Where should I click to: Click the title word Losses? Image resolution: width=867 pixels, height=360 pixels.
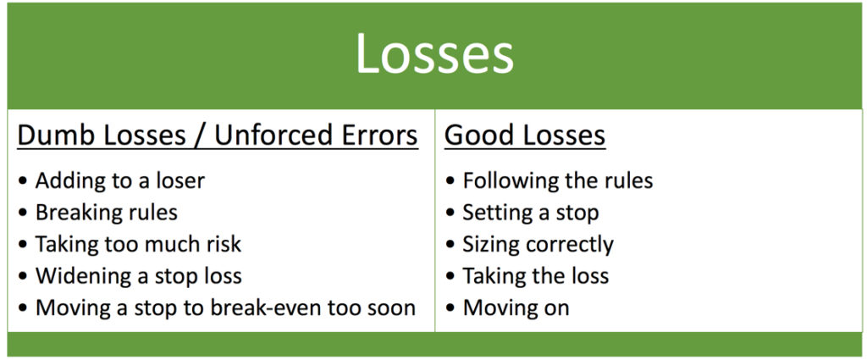click(433, 54)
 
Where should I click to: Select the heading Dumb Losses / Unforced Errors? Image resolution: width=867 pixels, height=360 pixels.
click(218, 136)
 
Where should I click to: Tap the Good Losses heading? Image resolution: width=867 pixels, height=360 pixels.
click(525, 136)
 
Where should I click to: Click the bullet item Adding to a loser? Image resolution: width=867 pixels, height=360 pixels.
click(119, 180)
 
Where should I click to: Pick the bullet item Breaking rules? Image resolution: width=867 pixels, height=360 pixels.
click(106, 212)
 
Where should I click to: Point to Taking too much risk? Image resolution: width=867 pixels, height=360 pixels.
click(138, 244)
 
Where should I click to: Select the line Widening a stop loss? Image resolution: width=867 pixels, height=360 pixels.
click(138, 275)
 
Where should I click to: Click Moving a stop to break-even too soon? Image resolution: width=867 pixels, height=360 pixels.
click(225, 307)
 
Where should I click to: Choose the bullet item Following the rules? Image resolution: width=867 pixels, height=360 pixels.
click(557, 180)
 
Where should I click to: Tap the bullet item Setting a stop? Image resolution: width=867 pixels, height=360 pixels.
click(530, 212)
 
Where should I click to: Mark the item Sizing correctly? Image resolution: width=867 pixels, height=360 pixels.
click(538, 244)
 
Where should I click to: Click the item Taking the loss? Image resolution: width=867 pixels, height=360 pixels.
click(535, 275)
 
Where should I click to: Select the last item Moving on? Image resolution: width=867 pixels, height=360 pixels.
click(516, 307)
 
